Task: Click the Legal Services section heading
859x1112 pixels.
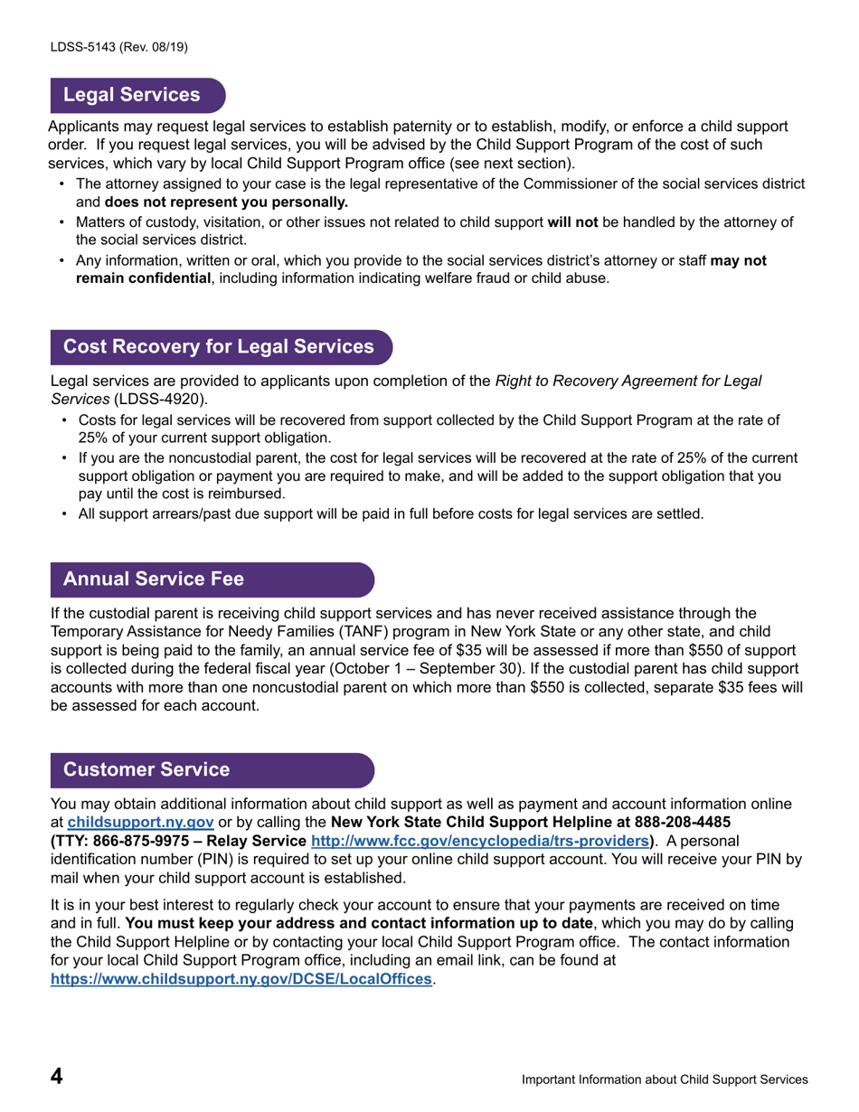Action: pyautogui.click(x=132, y=95)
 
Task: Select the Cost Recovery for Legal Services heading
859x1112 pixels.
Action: pyautogui.click(x=218, y=347)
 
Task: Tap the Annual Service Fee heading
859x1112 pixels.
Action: pyautogui.click(x=153, y=579)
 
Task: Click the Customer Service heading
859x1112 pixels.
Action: pyautogui.click(x=146, y=769)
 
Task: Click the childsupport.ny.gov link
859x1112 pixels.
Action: pyautogui.click(x=140, y=823)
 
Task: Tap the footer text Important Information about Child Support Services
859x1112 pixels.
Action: pyautogui.click(x=665, y=1079)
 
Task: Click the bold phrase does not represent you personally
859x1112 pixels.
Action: pyautogui.click(x=226, y=202)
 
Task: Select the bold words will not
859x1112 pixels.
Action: pyautogui.click(x=573, y=221)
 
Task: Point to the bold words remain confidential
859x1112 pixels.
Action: pyautogui.click(x=143, y=278)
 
